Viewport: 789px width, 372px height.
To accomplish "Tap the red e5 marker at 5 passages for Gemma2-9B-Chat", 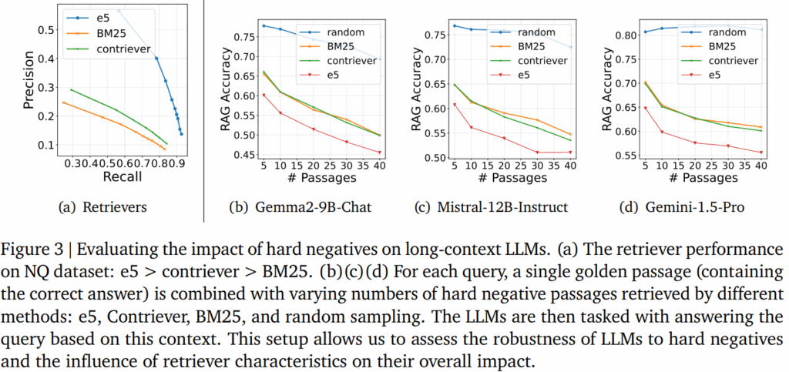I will click(x=264, y=95).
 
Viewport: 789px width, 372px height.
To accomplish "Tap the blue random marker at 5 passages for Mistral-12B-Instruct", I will click(x=455, y=26).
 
